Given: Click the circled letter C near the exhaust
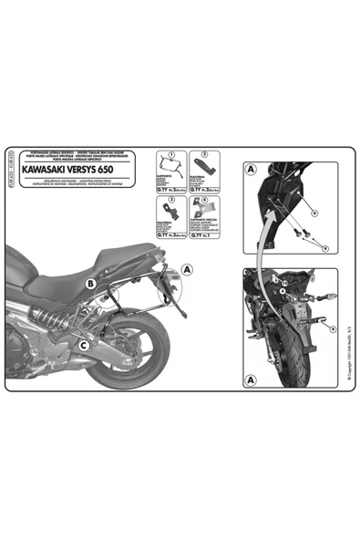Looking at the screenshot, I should [83, 345].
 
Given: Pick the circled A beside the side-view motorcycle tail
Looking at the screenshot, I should [187, 269].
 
